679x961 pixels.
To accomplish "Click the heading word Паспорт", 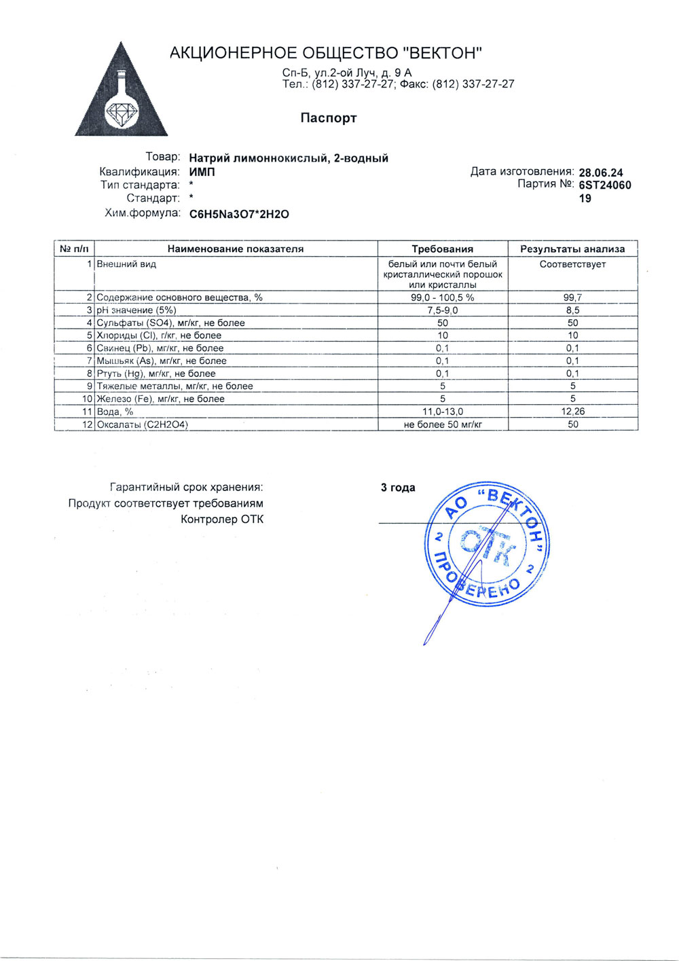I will (x=328, y=118).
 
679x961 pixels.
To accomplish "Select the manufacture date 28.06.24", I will (x=600, y=173).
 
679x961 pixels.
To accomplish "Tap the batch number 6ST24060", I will (x=604, y=185).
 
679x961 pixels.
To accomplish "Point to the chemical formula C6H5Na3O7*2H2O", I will (x=239, y=214).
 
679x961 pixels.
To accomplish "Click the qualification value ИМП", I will (x=202, y=172).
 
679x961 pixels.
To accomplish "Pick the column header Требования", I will (x=442, y=249).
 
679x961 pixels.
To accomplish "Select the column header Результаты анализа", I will (x=572, y=249).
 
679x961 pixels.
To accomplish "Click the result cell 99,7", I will (x=572, y=297).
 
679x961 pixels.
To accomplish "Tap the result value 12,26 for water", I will (x=572, y=412).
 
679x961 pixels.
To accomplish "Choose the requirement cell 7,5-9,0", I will (x=442, y=310).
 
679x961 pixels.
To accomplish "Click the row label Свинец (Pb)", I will (x=160, y=348).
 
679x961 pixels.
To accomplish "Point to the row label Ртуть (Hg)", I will (x=156, y=374).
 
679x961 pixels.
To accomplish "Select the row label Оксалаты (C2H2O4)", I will (x=142, y=424).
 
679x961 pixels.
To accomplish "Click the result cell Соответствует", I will (x=572, y=264).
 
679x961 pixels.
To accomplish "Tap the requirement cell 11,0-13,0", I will (x=442, y=412).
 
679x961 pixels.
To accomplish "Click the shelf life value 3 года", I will (x=398, y=488).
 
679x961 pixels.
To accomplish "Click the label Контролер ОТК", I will (x=221, y=520).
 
